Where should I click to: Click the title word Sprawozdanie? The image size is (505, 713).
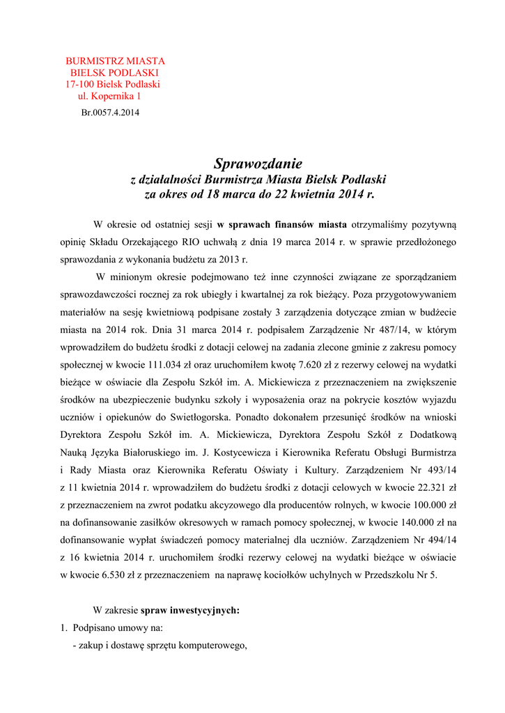(258, 164)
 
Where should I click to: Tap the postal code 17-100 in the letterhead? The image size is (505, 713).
(79, 84)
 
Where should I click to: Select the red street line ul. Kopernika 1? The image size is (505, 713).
(109, 96)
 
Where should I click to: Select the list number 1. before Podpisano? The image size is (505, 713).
(64, 627)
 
